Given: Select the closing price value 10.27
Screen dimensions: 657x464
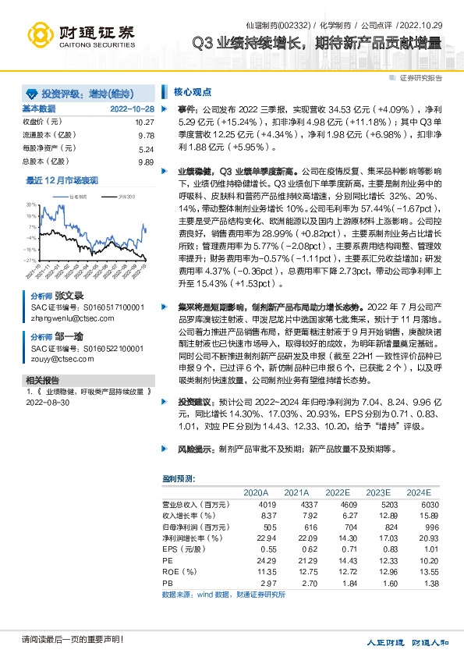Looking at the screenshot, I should [x=144, y=123].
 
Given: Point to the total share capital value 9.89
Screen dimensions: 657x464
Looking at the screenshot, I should [x=145, y=162].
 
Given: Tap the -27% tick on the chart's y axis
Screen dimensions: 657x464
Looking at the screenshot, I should [x=30, y=260].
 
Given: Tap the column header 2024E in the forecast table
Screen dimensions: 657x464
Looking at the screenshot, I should [x=418, y=492].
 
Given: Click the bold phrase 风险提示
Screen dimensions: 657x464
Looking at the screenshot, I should [x=195, y=450].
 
